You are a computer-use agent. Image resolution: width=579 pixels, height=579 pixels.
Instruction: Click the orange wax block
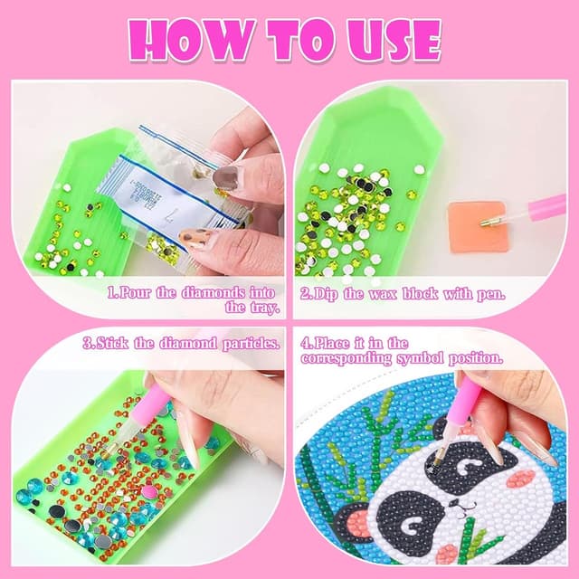[477, 227]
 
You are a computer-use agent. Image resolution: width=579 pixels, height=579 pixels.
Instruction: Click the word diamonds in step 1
[214, 293]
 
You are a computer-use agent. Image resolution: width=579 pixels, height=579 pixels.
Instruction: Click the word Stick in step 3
[111, 344]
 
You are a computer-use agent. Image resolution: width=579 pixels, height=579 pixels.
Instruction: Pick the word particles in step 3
[251, 344]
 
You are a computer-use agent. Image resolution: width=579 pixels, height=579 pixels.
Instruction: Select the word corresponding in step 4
[346, 359]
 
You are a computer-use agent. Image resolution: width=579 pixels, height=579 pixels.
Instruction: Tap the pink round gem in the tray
[148, 491]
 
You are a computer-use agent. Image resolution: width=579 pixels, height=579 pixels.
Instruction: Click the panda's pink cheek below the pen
[521, 479]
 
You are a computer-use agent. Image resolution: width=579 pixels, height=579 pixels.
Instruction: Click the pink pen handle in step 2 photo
[546, 208]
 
